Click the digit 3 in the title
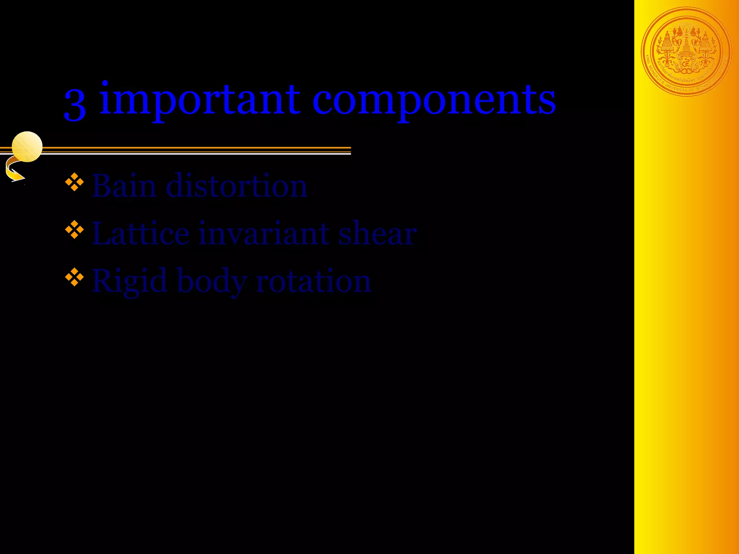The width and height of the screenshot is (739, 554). pos(75,105)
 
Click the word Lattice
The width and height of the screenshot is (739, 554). pos(140,233)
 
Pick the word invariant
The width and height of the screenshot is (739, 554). pos(264,233)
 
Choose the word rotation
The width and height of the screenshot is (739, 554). pos(313,281)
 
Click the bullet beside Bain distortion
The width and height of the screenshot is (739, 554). pos(74,182)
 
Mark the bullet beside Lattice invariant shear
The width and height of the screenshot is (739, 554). pos(74,229)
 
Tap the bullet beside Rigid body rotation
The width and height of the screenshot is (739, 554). pos(74,277)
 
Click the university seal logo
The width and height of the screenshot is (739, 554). pos(686,52)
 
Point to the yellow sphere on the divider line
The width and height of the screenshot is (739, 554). pos(27,146)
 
